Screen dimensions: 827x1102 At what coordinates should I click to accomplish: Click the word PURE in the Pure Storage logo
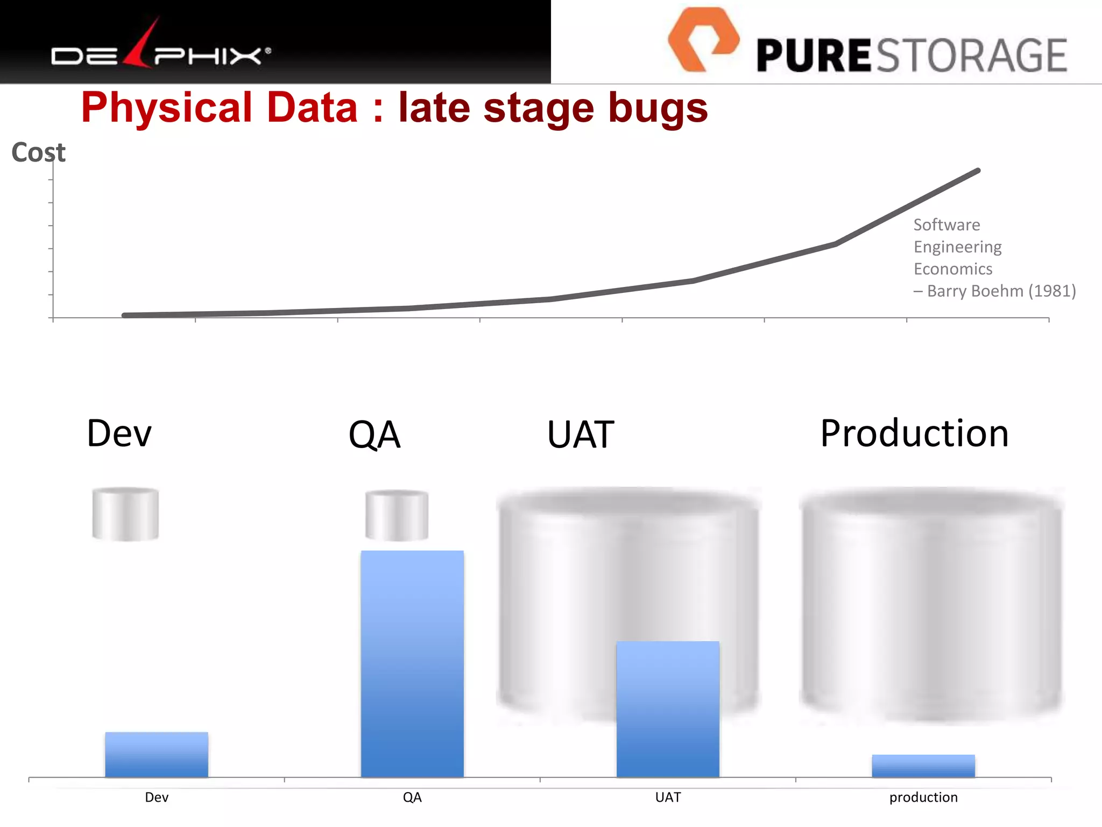click(x=813, y=56)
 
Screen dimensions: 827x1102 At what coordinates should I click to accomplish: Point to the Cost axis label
click(x=38, y=152)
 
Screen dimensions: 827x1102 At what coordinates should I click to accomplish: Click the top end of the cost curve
click(x=977, y=171)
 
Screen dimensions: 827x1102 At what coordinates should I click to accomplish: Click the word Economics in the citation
click(x=952, y=269)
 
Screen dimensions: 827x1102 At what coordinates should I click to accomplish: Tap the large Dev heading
click(x=119, y=433)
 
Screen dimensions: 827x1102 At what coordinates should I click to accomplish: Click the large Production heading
click(x=914, y=433)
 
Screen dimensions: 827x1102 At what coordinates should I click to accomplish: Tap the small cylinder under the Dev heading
click(x=125, y=514)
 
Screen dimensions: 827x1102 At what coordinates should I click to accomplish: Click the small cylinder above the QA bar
click(x=397, y=515)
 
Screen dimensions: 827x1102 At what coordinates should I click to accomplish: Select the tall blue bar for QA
click(x=412, y=663)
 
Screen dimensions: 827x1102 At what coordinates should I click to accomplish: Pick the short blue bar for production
click(x=923, y=766)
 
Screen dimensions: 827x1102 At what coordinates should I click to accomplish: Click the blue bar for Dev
click(x=157, y=754)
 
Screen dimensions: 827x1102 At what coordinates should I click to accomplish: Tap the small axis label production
click(x=923, y=797)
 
